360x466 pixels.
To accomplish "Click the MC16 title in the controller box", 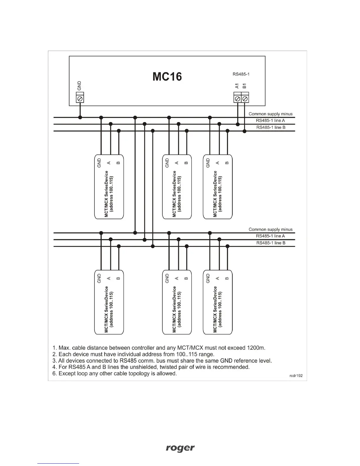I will coord(167,77).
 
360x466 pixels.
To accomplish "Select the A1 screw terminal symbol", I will coord(238,99).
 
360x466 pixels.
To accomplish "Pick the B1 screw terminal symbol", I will coord(245,99).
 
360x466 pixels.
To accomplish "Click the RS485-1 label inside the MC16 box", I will coord(241,74).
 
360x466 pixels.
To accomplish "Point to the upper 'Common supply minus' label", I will coord(271,114).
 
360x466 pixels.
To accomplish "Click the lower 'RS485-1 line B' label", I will coord(271,243).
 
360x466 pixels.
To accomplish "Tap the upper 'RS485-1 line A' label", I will coord(270,120).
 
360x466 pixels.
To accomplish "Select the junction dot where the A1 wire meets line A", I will coord(238,124).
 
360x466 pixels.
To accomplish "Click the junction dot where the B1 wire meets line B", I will coord(244,131).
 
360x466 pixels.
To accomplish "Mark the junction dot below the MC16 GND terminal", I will coord(80,117).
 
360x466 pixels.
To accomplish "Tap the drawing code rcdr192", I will coord(296,376).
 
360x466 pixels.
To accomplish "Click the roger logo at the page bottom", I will coord(180,448).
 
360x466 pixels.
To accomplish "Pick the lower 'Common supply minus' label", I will coord(271,229).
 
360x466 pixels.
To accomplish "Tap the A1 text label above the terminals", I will coord(237,86).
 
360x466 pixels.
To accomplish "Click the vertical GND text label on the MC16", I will coord(79,86).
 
